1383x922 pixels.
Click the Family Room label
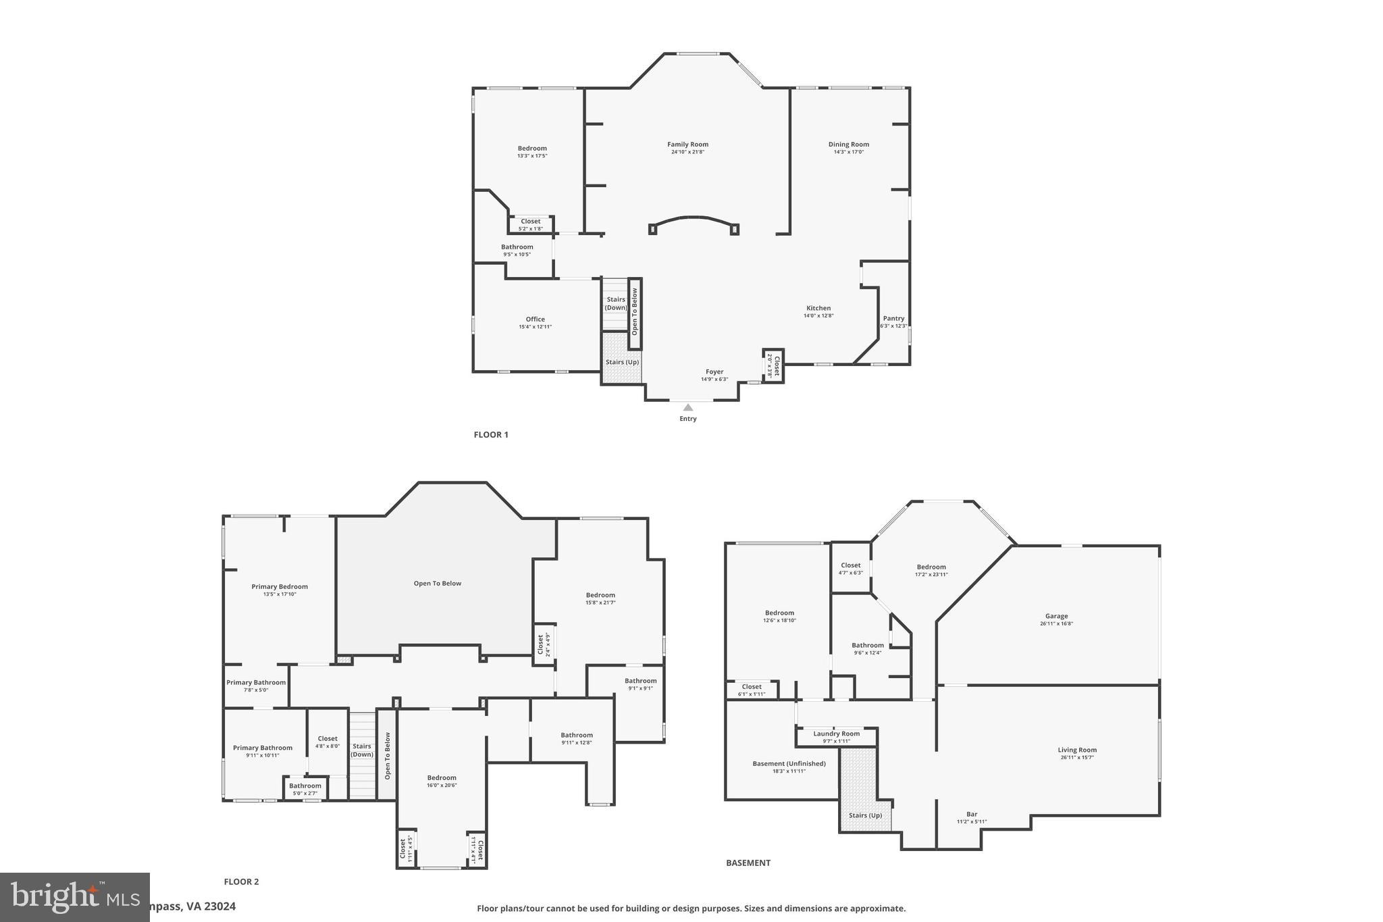pos(687,144)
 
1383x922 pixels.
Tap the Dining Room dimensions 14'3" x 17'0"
pos(848,152)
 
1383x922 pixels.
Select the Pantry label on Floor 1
pos(893,318)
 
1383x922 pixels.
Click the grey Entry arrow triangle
pos(687,407)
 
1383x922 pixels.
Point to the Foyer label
pos(714,372)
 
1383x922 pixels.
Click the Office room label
pos(535,319)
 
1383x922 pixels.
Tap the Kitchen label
pos(818,308)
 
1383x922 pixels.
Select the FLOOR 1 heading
pos(491,434)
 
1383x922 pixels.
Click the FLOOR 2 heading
pos(241,881)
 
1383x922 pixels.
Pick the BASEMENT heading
pos(748,863)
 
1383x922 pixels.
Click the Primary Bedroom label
pos(280,586)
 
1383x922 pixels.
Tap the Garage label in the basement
pos(1056,616)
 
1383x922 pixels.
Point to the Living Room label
pos(1077,750)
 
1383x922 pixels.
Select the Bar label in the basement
pos(971,814)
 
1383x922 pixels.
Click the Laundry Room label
pos(836,734)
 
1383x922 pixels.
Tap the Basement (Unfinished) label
pos(789,763)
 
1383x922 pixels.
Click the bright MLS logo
pos(74,897)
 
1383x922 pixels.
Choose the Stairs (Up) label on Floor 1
pos(622,362)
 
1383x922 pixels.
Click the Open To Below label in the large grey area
pos(438,583)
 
